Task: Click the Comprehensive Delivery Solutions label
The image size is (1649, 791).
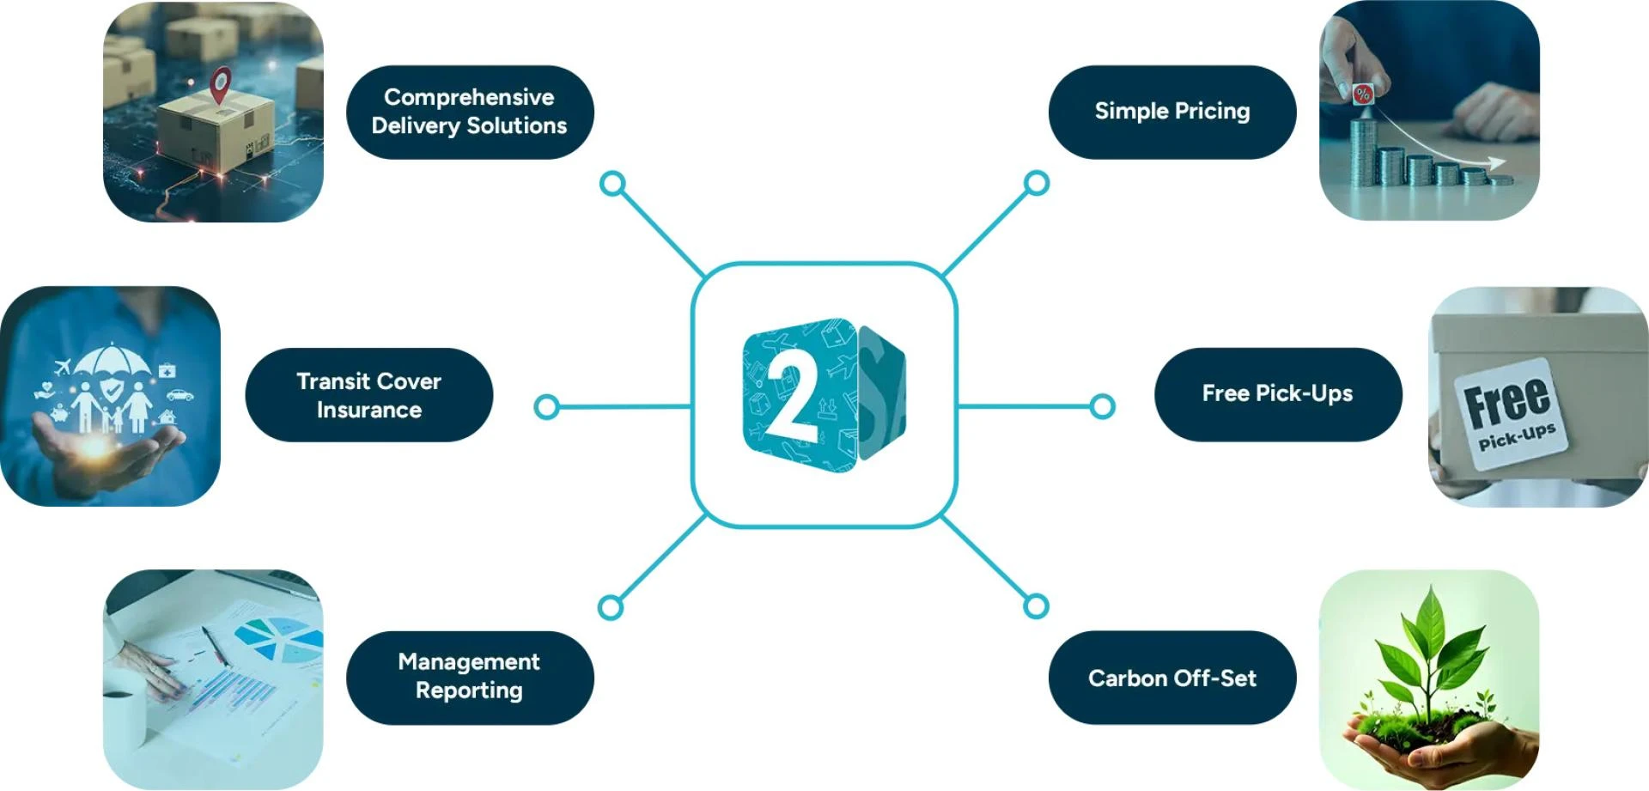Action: (x=469, y=112)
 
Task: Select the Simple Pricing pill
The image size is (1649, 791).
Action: (x=1171, y=112)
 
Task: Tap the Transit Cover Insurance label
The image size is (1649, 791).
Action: (x=368, y=395)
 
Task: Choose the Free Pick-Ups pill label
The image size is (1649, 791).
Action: (x=1277, y=394)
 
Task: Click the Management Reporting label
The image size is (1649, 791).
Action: (x=469, y=677)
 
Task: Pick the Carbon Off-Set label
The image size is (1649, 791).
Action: (x=1171, y=678)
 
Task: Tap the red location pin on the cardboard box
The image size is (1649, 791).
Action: (x=222, y=84)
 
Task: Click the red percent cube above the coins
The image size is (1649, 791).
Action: (x=1362, y=94)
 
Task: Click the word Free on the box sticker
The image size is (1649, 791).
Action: (x=1507, y=401)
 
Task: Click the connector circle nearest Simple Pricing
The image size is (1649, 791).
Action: (x=1037, y=183)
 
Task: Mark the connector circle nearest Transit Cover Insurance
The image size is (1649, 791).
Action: (x=546, y=406)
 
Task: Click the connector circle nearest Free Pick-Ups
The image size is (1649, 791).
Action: (x=1102, y=406)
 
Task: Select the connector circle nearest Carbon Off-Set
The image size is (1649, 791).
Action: (x=1037, y=606)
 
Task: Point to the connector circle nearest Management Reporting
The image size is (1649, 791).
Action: (x=611, y=607)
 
